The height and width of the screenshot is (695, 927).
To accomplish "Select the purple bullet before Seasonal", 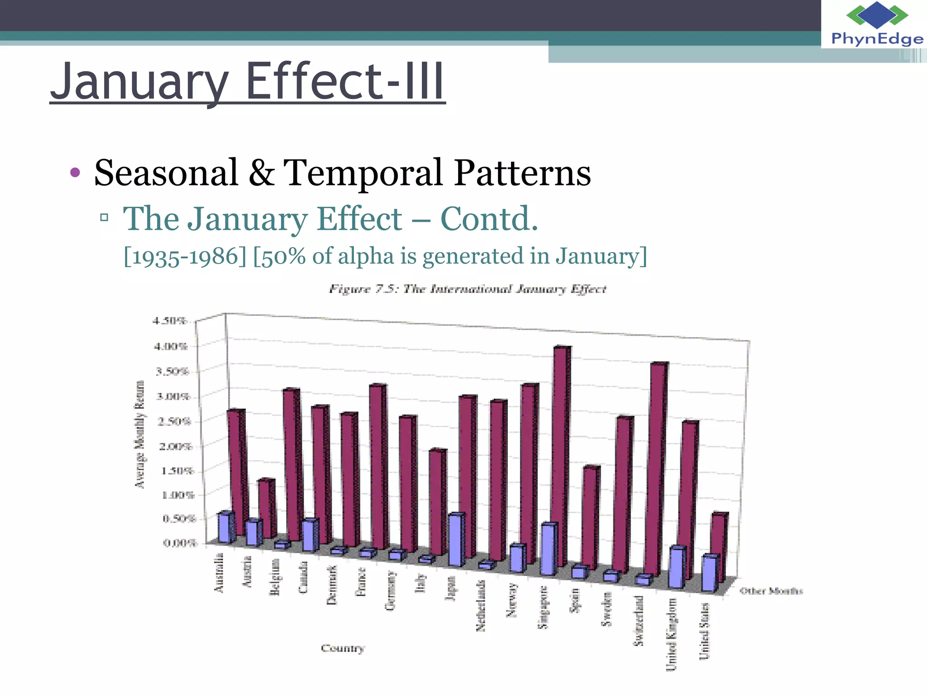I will pos(75,172).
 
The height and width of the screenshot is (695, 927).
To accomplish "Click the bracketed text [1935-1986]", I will pos(185,256).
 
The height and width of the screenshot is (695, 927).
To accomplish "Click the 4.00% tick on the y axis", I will pos(171,347).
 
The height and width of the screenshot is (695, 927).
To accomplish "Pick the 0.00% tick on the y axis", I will pos(180,543).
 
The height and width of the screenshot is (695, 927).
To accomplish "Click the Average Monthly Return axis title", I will pos(140,434).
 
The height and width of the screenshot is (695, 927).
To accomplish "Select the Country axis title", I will pos(343,648).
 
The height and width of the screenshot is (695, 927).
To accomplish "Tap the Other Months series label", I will pos(771,591).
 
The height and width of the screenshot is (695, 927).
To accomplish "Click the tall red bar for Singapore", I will pos(560,452).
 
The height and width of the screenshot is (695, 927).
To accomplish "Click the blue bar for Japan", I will pos(456,539).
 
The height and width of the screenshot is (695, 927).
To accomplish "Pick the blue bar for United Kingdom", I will pos(677,568).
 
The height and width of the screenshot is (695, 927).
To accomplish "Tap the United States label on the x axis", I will pos(704,631).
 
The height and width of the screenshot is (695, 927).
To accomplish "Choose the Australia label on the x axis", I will pos(219,572).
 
